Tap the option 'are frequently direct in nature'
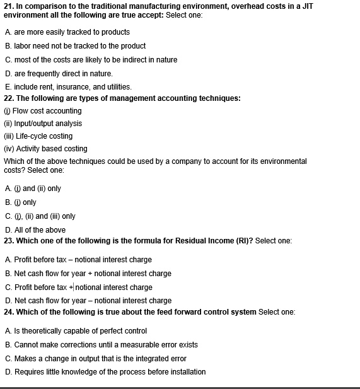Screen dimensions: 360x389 click(62, 74)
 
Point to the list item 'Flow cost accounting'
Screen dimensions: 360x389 click(47, 111)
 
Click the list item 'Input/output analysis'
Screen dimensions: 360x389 click(48, 124)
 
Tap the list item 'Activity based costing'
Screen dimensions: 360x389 click(50, 149)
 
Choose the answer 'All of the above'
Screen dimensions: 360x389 click(38, 230)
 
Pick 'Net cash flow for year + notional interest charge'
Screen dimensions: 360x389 click(91, 274)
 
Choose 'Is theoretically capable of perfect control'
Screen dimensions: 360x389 click(79, 331)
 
